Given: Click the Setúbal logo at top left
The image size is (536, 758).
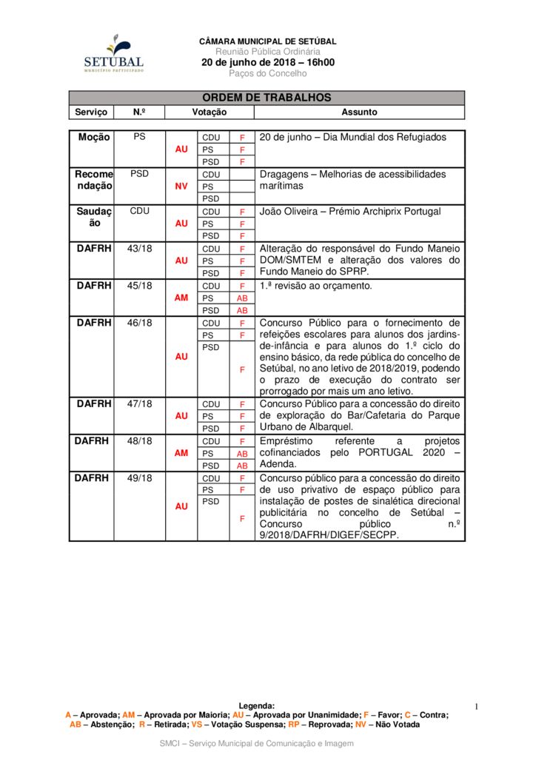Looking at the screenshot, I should coord(113,53).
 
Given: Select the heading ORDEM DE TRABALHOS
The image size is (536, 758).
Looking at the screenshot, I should coord(267,98).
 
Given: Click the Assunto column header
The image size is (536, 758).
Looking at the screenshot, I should coord(359,113).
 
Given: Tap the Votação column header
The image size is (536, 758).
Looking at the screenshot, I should coord(210,113).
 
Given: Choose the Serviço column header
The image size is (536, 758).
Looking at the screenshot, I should coord(91,113).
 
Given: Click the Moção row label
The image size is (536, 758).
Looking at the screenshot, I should coord(94,137).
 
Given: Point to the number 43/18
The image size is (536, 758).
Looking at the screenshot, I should coord(139,249).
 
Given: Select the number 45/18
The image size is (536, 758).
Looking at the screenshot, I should coord(139,286).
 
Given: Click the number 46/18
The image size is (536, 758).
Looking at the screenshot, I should coord(139,323).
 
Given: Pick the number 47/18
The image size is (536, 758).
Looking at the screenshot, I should coord(139,404).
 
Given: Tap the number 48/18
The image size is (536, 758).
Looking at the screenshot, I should coord(139,441).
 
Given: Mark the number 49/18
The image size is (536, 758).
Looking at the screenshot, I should coord(139,478).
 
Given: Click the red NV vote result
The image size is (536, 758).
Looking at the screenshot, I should coord(181,187).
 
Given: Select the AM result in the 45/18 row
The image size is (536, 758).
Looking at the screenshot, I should coord(181,298).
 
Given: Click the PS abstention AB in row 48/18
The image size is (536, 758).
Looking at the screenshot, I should coord(242,454).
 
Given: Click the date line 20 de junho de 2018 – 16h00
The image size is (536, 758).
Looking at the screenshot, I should coord(268,62).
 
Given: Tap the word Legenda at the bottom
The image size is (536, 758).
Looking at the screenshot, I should coord(257,706).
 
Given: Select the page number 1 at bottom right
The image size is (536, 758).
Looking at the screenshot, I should coord(477,707).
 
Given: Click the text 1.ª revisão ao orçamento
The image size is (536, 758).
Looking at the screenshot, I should coord(316,286).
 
